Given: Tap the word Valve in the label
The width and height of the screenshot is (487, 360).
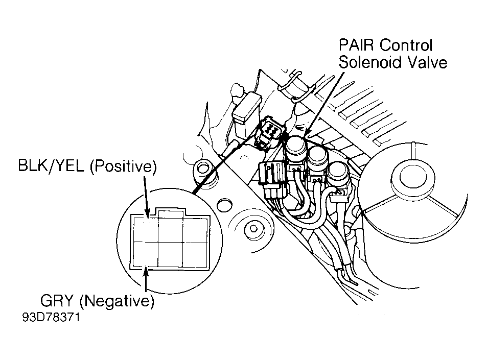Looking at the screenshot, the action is point(428,62).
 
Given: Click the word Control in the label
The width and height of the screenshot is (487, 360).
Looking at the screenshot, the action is point(406,45).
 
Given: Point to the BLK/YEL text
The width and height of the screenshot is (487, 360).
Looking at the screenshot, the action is point(51,166).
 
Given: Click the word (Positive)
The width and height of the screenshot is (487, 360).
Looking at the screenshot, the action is point(123,166).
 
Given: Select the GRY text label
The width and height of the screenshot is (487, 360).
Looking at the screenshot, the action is point(57,301).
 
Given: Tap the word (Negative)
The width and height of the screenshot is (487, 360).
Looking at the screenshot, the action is point(117,301).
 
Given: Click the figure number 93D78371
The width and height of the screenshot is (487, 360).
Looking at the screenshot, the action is point(51,317).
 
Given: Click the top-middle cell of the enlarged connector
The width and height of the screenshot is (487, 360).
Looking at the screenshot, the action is point(171,230).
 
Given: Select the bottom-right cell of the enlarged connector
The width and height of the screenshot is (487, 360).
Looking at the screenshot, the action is point(195,254).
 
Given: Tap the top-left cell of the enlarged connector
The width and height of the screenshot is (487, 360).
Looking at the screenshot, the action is point(146,230).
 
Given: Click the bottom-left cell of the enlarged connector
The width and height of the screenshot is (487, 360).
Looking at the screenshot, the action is point(146,254).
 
